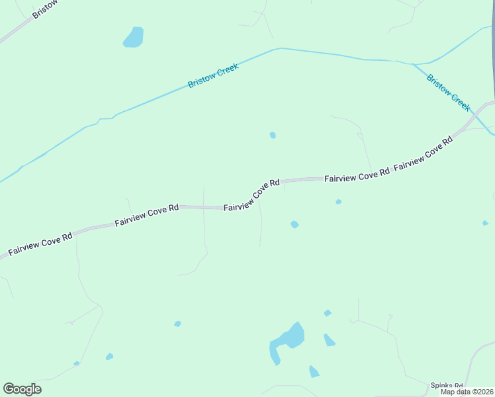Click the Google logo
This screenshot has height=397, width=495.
[x=22, y=389]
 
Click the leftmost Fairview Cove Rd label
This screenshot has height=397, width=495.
[x=40, y=244]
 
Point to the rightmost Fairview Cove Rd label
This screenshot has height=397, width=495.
[x=423, y=155]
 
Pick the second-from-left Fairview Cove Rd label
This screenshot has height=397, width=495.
[x=147, y=215]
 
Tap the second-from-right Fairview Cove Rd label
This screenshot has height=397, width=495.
[x=357, y=177]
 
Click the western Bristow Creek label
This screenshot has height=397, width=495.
[x=213, y=75]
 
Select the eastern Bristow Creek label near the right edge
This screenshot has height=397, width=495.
[x=448, y=93]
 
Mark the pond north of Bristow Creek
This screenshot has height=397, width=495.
[x=134, y=37]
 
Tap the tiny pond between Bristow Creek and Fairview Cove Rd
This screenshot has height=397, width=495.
[x=273, y=135]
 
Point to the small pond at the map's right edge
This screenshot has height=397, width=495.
[x=485, y=223]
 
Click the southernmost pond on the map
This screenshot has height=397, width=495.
[x=314, y=372]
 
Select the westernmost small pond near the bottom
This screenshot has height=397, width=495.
[x=77, y=363]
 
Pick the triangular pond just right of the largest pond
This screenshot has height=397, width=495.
[x=329, y=340]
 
